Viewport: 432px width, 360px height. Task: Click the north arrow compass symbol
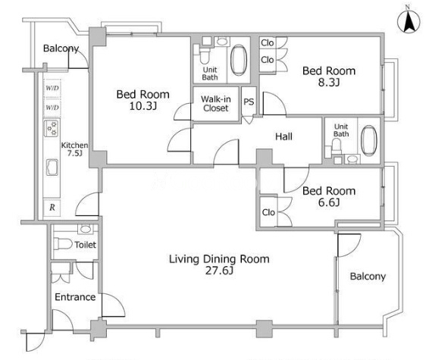point(409,21)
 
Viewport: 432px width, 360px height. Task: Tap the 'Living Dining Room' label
point(219,259)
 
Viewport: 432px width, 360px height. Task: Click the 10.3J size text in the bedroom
point(143,106)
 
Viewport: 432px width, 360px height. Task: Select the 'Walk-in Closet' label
point(216,104)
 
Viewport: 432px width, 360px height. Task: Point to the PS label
point(249,102)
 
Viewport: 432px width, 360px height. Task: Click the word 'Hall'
point(283,136)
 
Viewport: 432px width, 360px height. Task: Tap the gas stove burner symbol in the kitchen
point(52,128)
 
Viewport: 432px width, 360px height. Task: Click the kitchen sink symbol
point(52,167)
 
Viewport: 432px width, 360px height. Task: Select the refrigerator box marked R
point(52,207)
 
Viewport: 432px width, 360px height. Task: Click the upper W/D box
point(52,88)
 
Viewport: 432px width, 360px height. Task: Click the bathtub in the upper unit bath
point(239,60)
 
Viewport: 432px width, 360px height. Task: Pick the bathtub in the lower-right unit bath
point(368,141)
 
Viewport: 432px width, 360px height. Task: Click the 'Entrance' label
point(75,297)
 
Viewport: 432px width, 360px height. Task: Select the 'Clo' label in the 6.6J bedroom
point(268,212)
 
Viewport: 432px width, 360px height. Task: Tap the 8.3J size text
point(329,83)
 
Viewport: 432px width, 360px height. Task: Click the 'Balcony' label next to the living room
point(368,277)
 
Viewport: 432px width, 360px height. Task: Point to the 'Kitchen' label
point(74,146)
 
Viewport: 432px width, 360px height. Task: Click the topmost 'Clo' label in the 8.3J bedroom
point(268,42)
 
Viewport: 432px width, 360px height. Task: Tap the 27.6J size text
point(219,271)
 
